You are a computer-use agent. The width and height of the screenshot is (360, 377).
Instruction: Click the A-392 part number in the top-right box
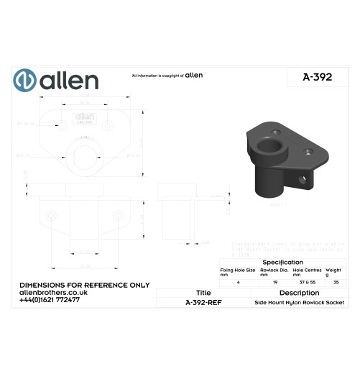coord(317,77)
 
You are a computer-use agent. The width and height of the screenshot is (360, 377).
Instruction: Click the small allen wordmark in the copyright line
coord(194,75)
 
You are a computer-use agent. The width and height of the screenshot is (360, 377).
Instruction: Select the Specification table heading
coord(283,262)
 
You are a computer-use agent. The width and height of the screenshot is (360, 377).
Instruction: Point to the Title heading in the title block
coord(203,293)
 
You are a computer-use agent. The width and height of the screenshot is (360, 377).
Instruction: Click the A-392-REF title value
coord(203,303)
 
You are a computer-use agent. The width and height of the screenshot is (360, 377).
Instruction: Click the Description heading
coord(299,293)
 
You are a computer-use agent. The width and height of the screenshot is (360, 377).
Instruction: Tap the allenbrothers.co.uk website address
coord(54,292)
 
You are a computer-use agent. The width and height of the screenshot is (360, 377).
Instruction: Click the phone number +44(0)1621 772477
coord(50,299)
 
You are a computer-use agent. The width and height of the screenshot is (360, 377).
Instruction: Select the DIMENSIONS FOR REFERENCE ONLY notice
coord(84,285)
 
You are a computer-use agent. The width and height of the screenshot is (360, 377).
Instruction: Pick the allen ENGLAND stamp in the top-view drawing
coord(85,117)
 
